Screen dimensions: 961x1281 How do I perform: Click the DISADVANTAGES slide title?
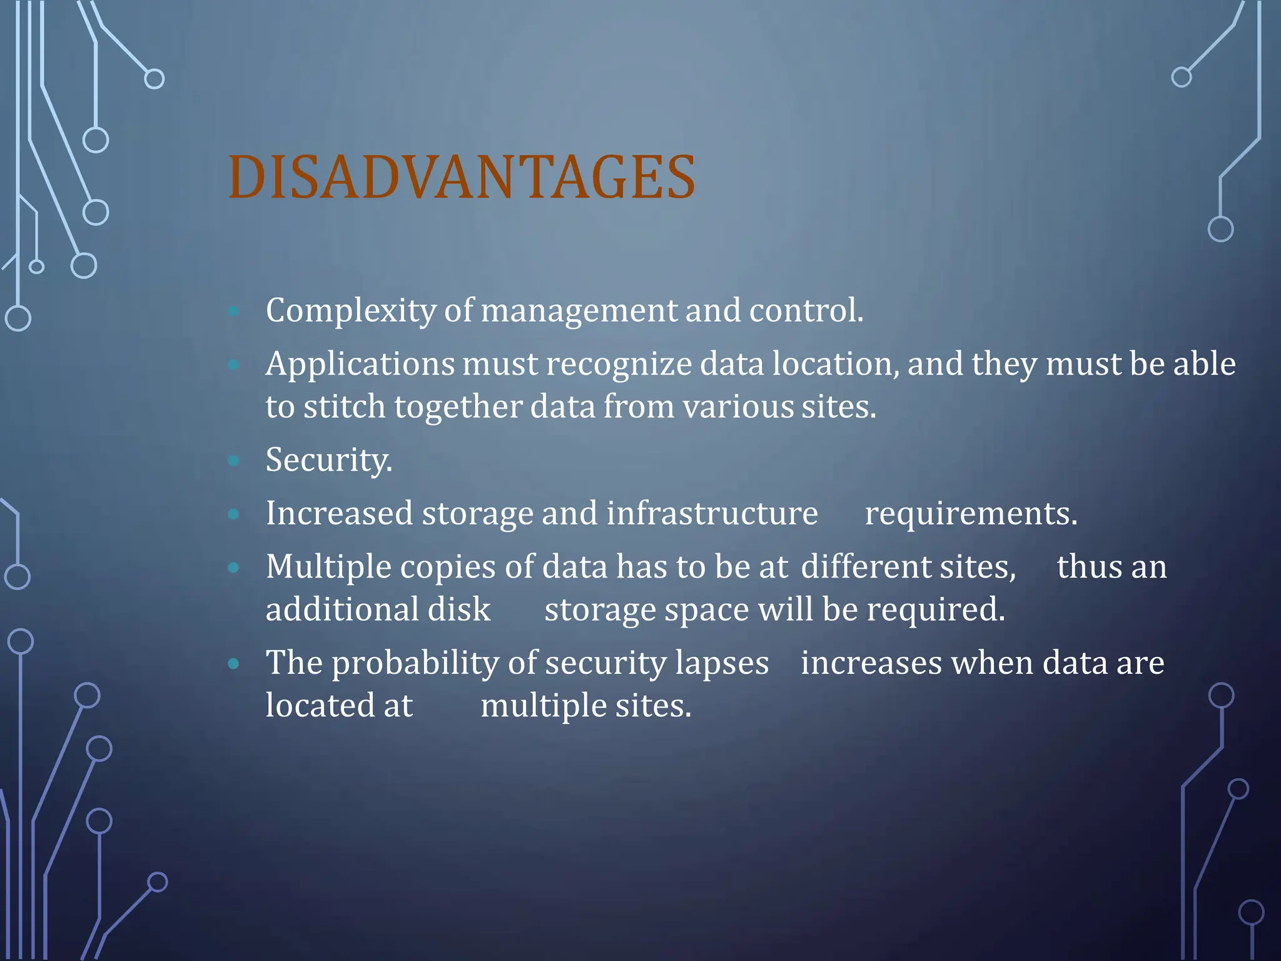[x=462, y=178]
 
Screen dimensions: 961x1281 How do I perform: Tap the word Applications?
[x=360, y=365]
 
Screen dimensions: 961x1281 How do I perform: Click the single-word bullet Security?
[x=328, y=460]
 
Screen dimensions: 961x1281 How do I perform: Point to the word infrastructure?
[x=712, y=514]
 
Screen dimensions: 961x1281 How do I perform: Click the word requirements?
[x=971, y=514]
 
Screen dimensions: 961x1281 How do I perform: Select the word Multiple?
[x=328, y=567]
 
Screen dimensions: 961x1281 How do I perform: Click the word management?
[x=579, y=311]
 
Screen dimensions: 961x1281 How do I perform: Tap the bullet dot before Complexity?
[x=234, y=311]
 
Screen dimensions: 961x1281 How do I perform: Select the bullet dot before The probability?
[x=234, y=664]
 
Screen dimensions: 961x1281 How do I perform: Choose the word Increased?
[x=339, y=514]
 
